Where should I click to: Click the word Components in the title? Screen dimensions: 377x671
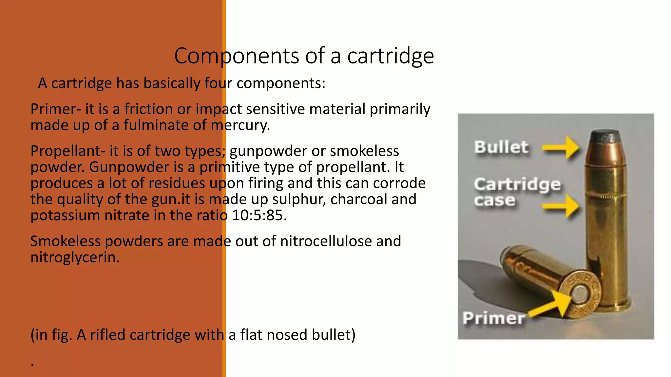coord(237,56)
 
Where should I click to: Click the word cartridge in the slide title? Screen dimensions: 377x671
coord(391,56)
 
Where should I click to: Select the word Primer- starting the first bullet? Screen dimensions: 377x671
coord(56,109)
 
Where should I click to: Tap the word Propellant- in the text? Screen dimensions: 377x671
coord(68,151)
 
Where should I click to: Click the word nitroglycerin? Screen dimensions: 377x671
coord(75,257)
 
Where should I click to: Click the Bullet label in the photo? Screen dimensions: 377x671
coord(501,147)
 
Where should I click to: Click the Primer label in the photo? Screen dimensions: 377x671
coord(494,318)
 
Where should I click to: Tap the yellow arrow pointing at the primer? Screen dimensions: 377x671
coord(551,304)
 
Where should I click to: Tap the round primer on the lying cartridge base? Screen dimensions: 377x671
coord(580,294)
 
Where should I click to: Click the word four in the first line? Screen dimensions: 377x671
coord(218,83)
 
